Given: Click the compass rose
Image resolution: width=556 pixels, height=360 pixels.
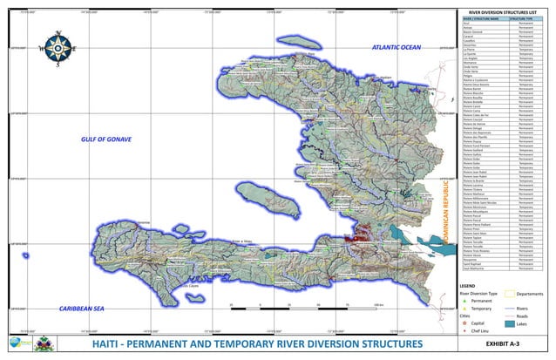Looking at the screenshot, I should [57, 49].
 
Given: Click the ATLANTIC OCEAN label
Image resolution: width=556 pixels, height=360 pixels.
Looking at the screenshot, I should [397, 47].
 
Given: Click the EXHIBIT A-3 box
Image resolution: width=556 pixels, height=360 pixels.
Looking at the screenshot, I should [503, 345].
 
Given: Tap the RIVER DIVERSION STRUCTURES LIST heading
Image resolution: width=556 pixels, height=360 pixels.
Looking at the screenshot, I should [503, 10].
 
